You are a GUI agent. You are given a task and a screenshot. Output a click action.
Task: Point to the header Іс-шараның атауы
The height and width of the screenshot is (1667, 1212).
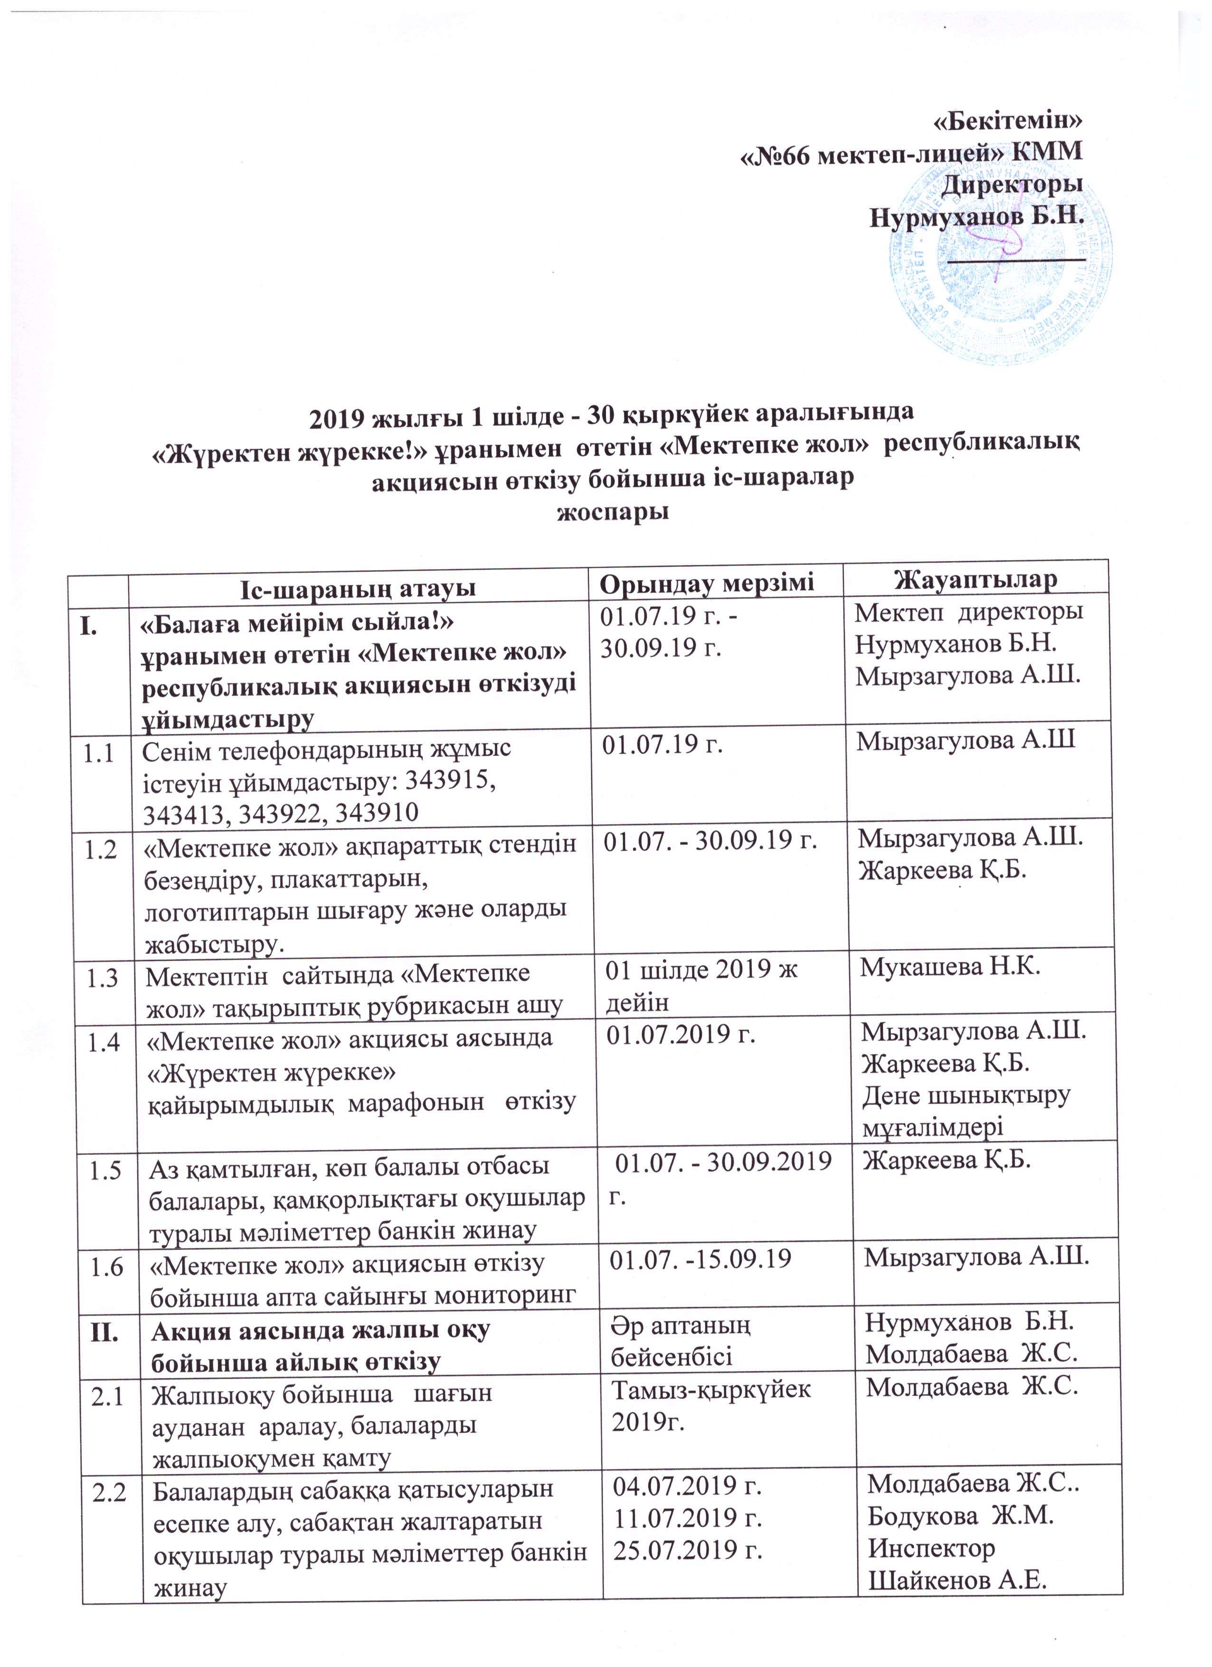point(358,588)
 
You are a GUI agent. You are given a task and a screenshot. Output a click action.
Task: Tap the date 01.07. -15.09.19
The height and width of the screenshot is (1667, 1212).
point(701,1259)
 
